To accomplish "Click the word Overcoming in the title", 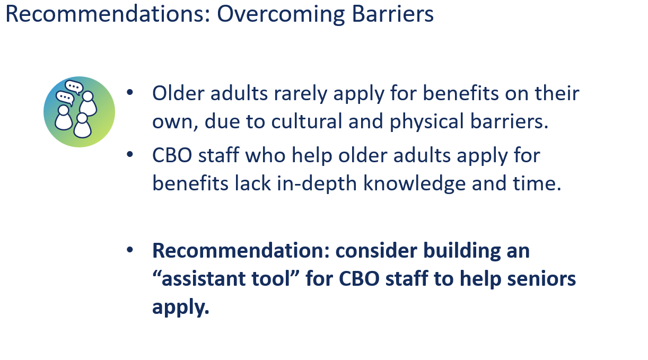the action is pyautogui.click(x=281, y=14).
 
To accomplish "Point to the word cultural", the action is pyautogui.click(x=307, y=121).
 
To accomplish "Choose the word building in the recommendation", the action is pyautogui.click(x=462, y=250).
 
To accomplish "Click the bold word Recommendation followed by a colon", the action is pyautogui.click(x=241, y=250).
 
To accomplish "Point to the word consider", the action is pyautogui.click(x=376, y=250).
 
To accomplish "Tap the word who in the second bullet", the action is pyautogui.click(x=265, y=155).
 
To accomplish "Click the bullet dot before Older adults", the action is pyautogui.click(x=130, y=92).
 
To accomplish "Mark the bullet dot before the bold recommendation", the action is pyautogui.click(x=130, y=250).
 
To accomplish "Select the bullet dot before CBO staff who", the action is pyautogui.click(x=130, y=154).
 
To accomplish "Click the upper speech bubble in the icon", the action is pyautogui.click(x=74, y=87).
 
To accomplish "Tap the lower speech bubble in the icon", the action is pyautogui.click(x=65, y=98).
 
